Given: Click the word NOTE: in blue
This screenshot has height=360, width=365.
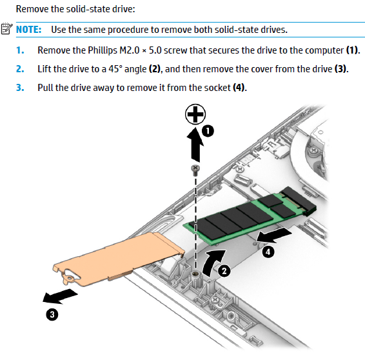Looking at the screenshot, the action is (28, 30).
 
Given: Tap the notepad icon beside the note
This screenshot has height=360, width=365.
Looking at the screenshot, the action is (6, 28).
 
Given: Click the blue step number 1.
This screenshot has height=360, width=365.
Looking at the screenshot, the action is (20, 50).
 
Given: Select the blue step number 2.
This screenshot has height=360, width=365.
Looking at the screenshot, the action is (20, 69).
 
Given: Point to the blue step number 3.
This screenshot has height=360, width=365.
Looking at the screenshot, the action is (20, 88).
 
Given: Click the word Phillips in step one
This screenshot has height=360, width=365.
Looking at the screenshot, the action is (103, 50).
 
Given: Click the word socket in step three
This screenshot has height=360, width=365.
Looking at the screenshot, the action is (217, 88).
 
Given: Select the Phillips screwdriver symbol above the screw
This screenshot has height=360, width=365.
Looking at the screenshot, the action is (195, 114).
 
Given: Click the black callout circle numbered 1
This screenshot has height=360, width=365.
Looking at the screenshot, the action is (208, 131).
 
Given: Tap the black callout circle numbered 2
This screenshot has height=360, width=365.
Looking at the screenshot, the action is (224, 271).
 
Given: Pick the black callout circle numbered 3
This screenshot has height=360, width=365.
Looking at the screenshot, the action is (52, 315).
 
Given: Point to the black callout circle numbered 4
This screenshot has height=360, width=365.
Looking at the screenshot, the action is (268, 252).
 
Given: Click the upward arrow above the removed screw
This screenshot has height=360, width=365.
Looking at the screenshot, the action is (195, 145).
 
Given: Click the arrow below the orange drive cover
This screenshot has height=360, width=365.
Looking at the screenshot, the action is (59, 296).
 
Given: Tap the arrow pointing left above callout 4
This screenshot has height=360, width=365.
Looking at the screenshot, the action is (273, 235).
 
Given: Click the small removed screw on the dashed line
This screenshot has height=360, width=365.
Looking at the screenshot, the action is (195, 170).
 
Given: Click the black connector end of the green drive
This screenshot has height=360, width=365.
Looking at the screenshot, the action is (299, 200).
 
